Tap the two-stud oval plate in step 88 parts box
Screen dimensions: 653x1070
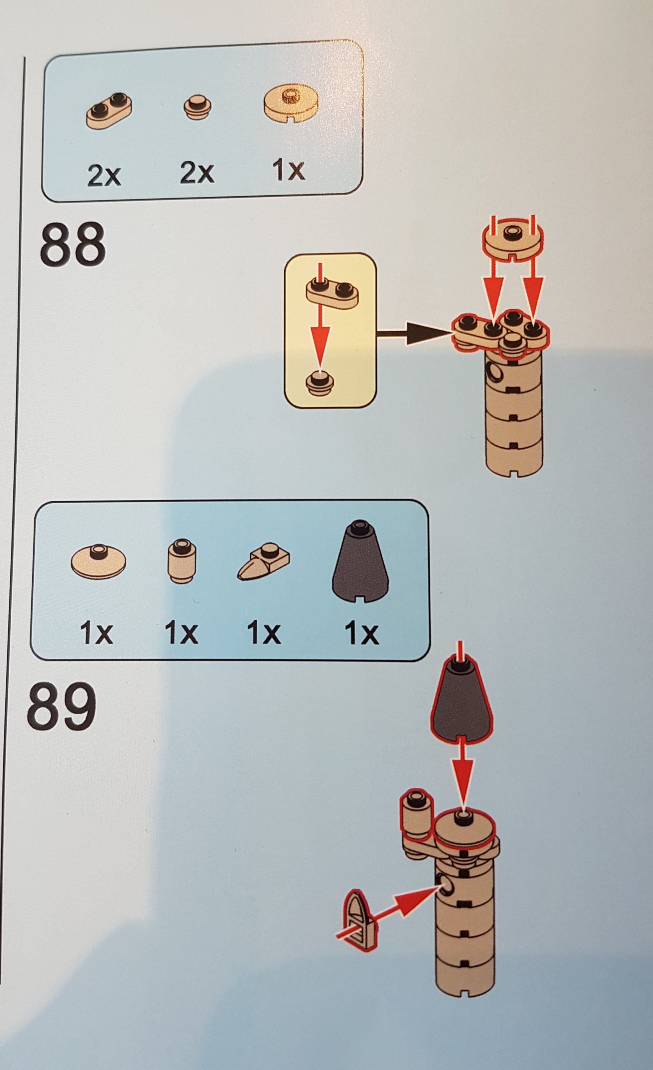click(x=109, y=111)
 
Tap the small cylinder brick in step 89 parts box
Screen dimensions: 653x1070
click(x=181, y=561)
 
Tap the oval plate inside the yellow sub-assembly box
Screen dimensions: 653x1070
click(x=332, y=293)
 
